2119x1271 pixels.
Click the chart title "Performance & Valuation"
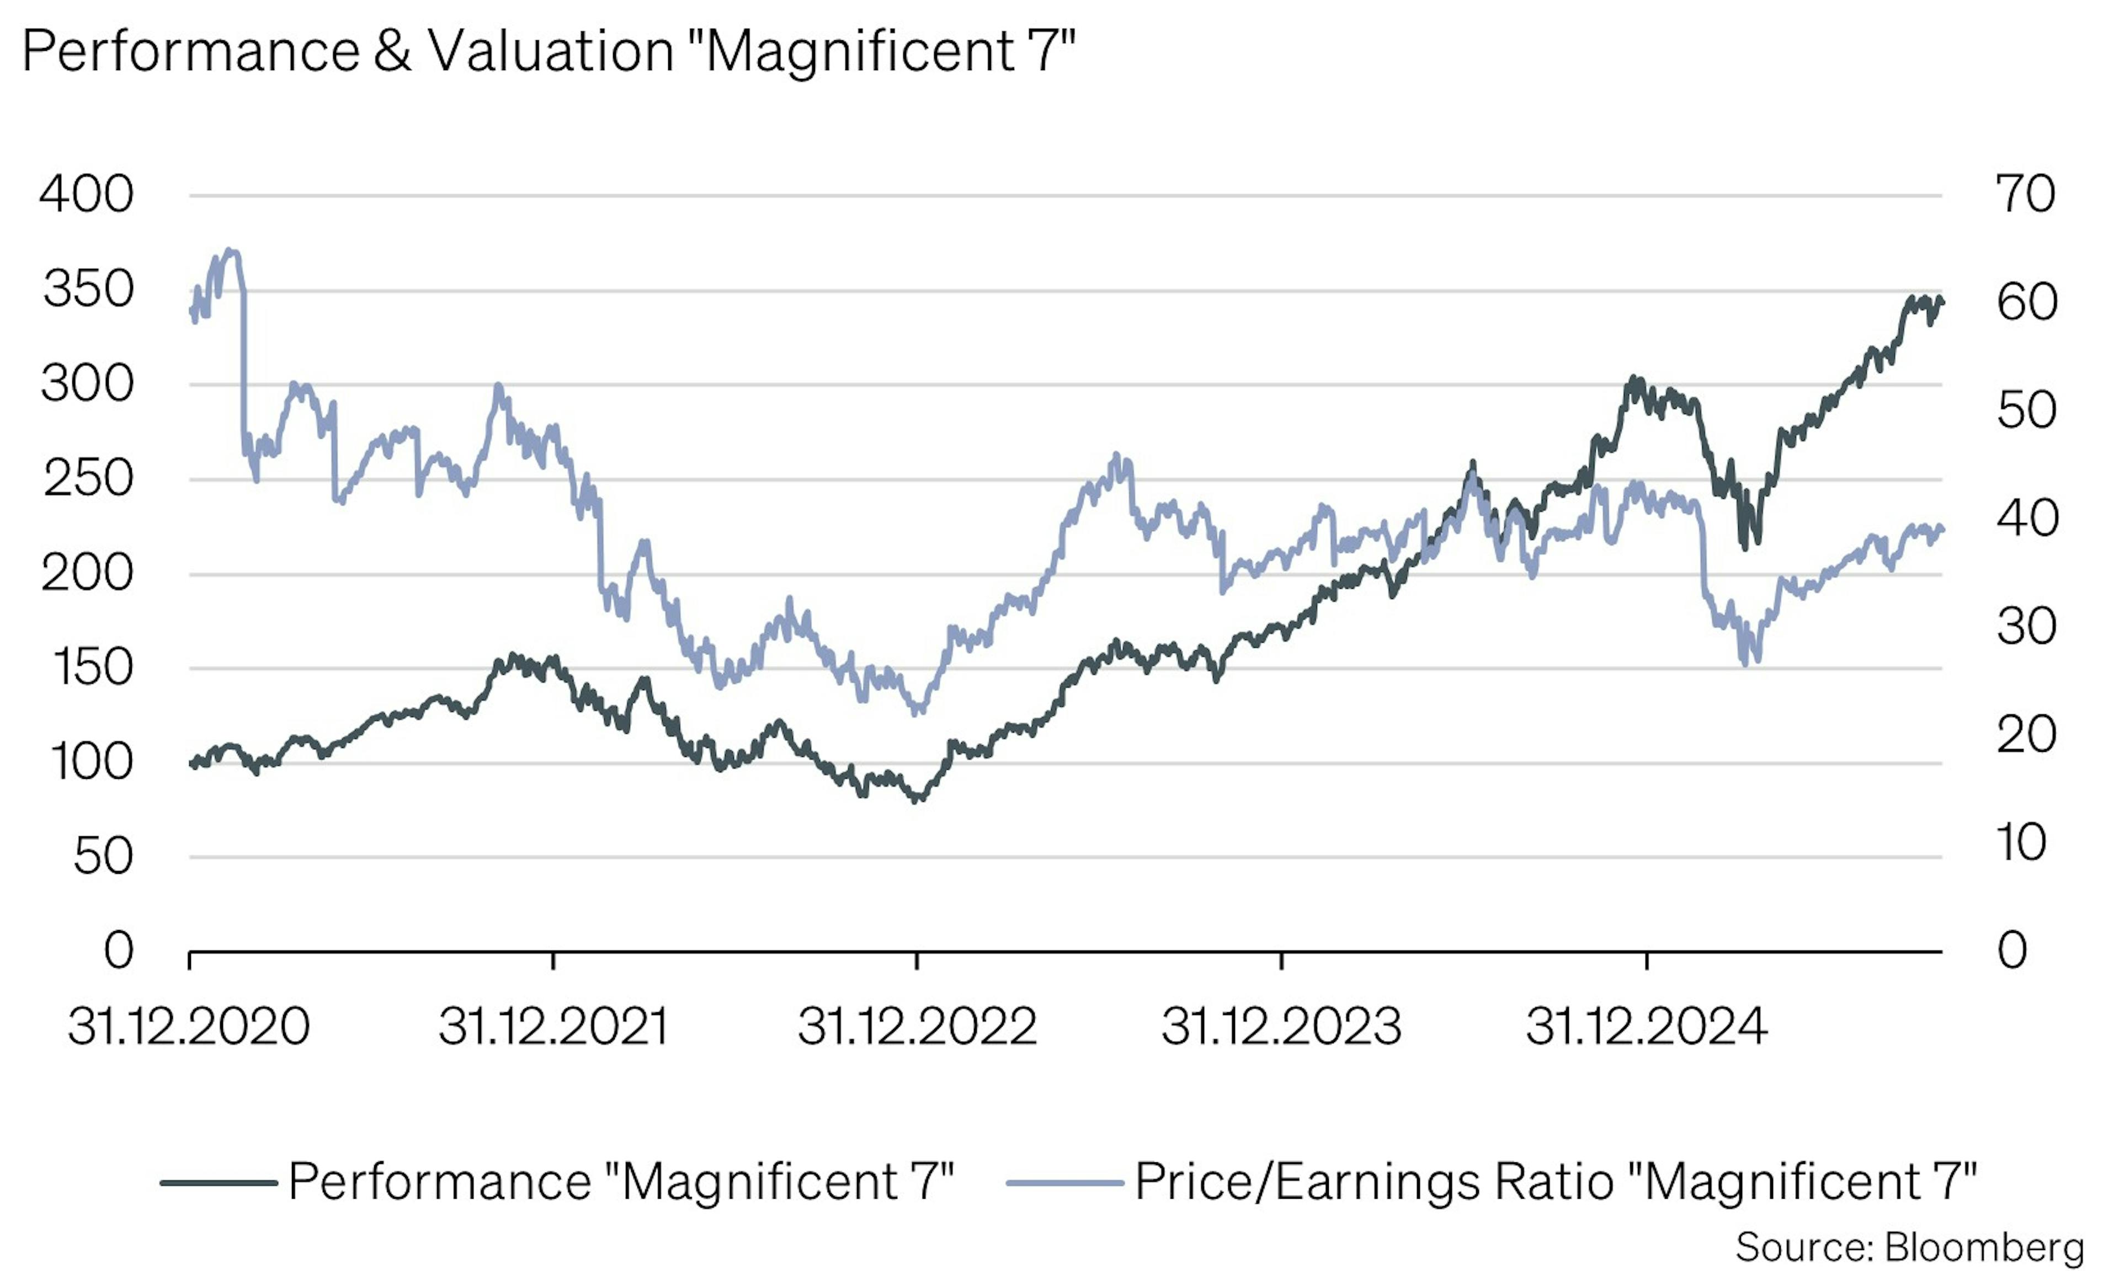coord(548,51)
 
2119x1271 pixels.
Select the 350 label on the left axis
coord(89,290)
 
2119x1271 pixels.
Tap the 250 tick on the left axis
coord(89,479)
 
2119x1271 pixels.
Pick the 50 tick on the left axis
coord(103,857)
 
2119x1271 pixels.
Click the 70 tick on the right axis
coord(2025,194)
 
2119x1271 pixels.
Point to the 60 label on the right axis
coord(2026,302)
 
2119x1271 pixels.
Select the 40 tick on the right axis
coord(2026,518)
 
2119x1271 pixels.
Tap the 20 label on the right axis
coord(2026,735)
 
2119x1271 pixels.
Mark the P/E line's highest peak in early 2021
coord(230,251)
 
